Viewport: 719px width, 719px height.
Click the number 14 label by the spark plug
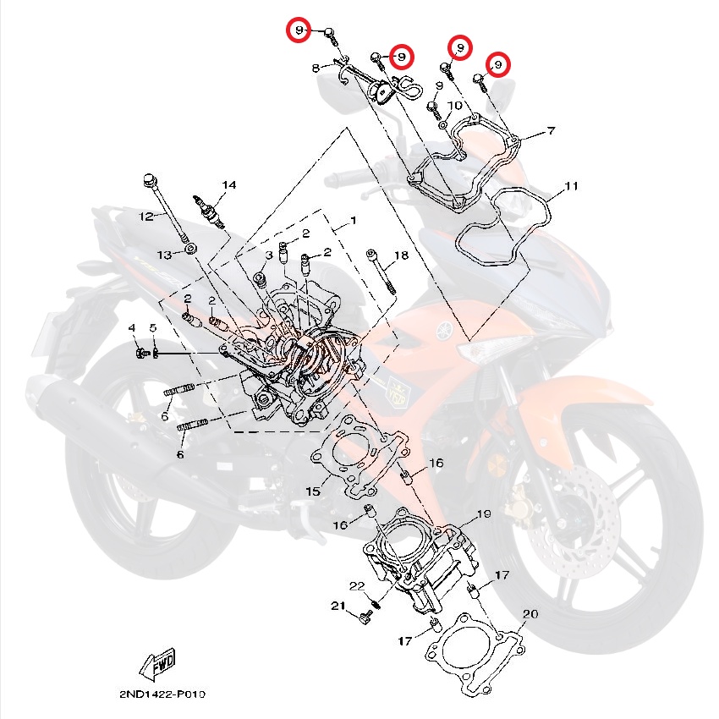coord(229,184)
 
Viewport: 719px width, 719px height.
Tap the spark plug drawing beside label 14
coord(211,211)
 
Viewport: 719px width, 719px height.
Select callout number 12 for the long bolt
coord(146,217)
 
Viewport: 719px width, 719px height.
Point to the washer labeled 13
coord(192,248)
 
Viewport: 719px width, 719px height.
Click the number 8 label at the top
coord(316,67)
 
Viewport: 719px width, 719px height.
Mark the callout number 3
coord(269,255)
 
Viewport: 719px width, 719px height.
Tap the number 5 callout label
coord(153,328)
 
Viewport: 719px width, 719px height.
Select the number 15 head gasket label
coord(312,491)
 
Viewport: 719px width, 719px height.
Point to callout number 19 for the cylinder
coord(484,514)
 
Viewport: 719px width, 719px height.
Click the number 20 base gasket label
coord(530,614)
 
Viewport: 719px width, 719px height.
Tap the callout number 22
coord(356,586)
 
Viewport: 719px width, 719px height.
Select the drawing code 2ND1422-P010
coord(162,694)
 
